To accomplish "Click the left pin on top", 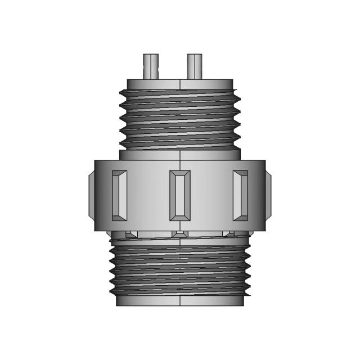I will pyautogui.click(x=150, y=66).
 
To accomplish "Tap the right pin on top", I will pyautogui.click(x=194, y=66).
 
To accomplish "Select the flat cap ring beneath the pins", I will pyautogui.click(x=179, y=84).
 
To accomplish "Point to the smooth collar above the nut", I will pyautogui.click(x=179, y=154).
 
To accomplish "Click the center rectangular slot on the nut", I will pyautogui.click(x=179, y=194).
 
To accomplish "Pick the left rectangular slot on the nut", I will pyautogui.click(x=119, y=195).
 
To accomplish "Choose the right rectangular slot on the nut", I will pyautogui.click(x=240, y=195).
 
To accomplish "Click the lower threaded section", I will pyautogui.click(x=179, y=264).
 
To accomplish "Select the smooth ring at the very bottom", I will pyautogui.click(x=179, y=300).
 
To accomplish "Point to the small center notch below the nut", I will pyautogui.click(x=179, y=234).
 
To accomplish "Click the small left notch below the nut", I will pyautogui.click(x=131, y=234).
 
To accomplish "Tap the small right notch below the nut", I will pyautogui.click(x=228, y=234).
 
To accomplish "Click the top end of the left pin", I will pyautogui.click(x=150, y=56).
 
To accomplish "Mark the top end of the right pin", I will pyautogui.click(x=194, y=56).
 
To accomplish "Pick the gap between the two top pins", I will pyautogui.click(x=172, y=67).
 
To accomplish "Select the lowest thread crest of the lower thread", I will pyautogui.click(x=179, y=291).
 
